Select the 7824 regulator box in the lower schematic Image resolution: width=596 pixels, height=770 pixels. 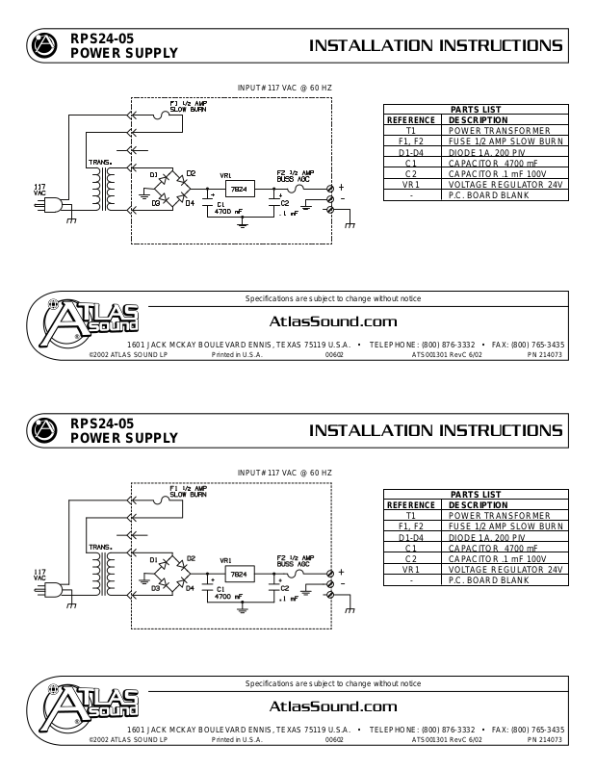tap(239, 574)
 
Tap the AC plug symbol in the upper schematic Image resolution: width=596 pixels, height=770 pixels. tap(54, 203)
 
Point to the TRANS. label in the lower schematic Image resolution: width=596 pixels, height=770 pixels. tap(99, 548)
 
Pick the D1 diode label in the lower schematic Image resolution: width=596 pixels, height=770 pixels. tap(154, 559)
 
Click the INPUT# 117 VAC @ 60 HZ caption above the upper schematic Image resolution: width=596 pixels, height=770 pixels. tap(284, 88)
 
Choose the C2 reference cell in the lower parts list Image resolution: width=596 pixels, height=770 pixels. tap(411, 558)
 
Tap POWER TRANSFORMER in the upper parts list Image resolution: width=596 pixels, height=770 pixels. tap(499, 130)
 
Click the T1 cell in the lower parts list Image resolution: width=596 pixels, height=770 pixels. tap(411, 516)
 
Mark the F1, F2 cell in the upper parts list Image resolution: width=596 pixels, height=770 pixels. tap(411, 141)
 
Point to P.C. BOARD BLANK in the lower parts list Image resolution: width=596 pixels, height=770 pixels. tap(489, 580)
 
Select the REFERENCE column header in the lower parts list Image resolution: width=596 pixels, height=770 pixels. tap(411, 504)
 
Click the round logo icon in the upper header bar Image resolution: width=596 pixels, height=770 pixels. tap(42, 45)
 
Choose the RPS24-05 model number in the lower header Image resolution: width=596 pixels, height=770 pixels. tap(102, 423)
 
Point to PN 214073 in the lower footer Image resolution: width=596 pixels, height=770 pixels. tap(544, 741)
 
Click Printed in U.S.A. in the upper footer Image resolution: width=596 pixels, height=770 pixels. tap(236, 354)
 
